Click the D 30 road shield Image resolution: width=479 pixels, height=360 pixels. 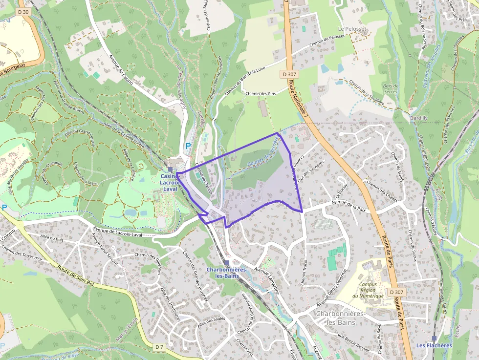pyautogui.click(x=22, y=12)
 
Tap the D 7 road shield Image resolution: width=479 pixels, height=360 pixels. pyautogui.click(x=159, y=347)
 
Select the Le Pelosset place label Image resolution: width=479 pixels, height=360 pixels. pyautogui.click(x=352, y=29)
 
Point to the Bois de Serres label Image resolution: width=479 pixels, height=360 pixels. pyautogui.click(x=391, y=88)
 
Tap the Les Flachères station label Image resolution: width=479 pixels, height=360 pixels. pyautogui.click(x=434, y=345)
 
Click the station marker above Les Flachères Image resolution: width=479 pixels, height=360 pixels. pyautogui.click(x=434, y=338)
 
